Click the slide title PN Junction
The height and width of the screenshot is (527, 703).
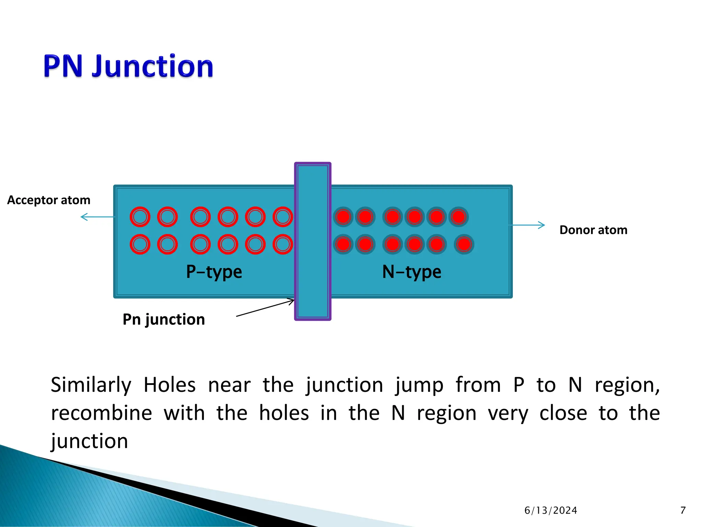click(128, 66)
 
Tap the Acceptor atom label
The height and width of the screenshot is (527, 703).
click(49, 200)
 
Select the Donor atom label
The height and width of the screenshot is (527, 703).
click(593, 230)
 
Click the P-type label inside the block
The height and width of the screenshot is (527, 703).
click(214, 272)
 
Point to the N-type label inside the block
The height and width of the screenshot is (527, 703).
click(412, 272)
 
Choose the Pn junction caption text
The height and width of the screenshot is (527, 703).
click(164, 319)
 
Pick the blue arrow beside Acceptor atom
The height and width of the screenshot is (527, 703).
click(97, 217)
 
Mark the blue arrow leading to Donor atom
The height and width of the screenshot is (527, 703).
click(527, 225)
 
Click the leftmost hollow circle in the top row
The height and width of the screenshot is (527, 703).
click(140, 217)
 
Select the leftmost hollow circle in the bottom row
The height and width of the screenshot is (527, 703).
click(140, 244)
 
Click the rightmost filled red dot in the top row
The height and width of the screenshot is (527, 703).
click(459, 217)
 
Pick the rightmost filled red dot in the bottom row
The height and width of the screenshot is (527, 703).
click(464, 244)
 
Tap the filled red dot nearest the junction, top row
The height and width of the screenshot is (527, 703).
click(343, 217)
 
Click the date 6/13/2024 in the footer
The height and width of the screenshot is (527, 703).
click(551, 511)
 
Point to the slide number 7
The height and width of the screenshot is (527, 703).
click(683, 511)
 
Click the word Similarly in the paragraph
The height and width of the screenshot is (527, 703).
click(91, 385)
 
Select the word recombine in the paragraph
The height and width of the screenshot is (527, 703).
click(102, 413)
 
